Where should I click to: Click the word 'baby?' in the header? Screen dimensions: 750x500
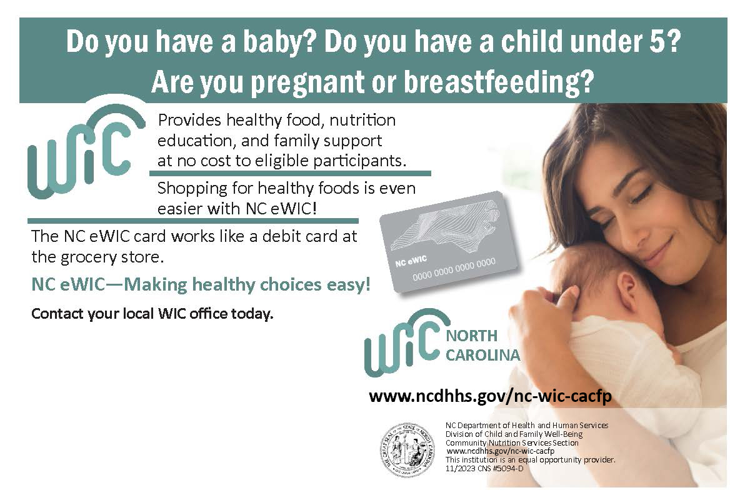(x=279, y=42)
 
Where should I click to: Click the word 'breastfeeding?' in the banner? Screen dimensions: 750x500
(x=499, y=82)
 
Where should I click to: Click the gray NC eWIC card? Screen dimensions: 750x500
(x=449, y=242)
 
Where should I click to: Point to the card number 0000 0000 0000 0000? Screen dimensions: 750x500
(x=454, y=269)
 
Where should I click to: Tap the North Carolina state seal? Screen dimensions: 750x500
(x=407, y=449)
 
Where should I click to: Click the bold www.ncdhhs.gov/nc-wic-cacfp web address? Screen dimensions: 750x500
(x=490, y=396)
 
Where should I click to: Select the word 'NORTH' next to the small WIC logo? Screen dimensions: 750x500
(x=471, y=336)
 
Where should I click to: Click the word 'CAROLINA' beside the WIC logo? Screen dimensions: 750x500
(x=482, y=356)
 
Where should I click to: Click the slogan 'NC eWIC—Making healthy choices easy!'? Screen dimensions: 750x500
(x=201, y=284)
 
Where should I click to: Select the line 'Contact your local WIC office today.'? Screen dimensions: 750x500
(x=152, y=314)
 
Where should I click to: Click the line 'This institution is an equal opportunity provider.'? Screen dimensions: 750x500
(x=531, y=460)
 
